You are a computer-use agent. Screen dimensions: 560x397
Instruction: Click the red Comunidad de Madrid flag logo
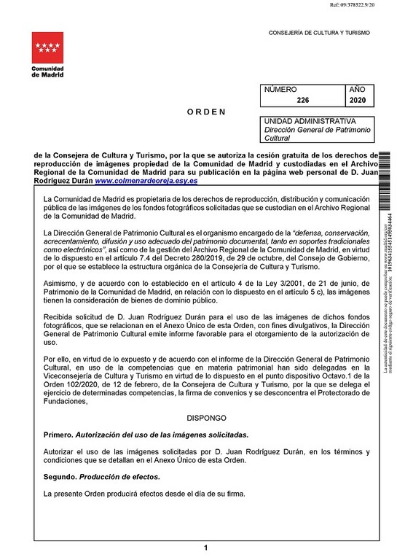[47, 49]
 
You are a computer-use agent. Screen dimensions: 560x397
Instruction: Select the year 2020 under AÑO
[358, 101]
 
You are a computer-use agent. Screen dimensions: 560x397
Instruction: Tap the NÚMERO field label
[280, 89]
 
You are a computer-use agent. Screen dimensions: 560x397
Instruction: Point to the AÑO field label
[358, 89]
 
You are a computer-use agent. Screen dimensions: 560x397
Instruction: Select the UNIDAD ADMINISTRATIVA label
[310, 121]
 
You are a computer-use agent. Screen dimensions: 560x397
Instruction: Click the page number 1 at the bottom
[207, 547]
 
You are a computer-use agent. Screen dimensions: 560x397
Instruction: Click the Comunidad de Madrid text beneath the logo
[47, 72]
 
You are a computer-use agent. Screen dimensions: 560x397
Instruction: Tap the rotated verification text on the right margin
[387, 292]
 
